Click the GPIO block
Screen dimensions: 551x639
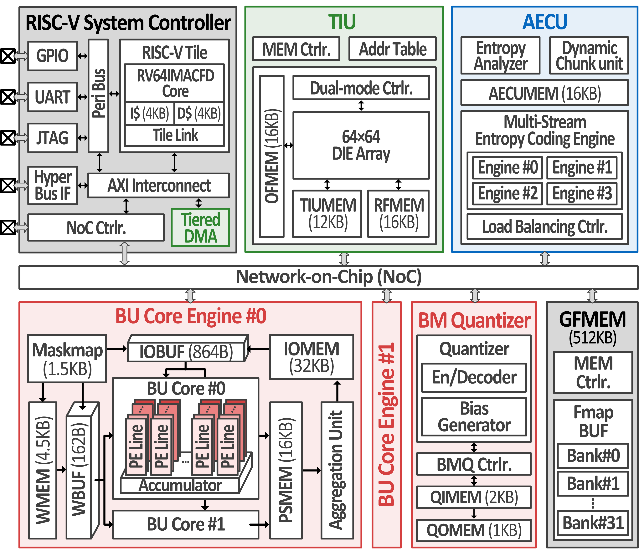[x=52, y=56]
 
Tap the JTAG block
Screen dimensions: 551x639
[x=52, y=138]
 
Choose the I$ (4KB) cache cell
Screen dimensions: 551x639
[x=150, y=113]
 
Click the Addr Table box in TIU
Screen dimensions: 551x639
[x=392, y=49]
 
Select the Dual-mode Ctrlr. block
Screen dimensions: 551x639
[x=361, y=88]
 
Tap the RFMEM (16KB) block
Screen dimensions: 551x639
[x=399, y=214]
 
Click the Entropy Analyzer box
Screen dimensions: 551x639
[x=500, y=55]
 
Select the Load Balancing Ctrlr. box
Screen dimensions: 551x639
[x=545, y=227]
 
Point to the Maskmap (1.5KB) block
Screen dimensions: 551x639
[x=67, y=359]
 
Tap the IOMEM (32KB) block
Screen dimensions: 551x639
[x=312, y=357]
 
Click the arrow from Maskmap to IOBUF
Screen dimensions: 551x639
[x=116, y=349]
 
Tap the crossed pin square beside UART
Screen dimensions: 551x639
[x=7, y=97]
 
